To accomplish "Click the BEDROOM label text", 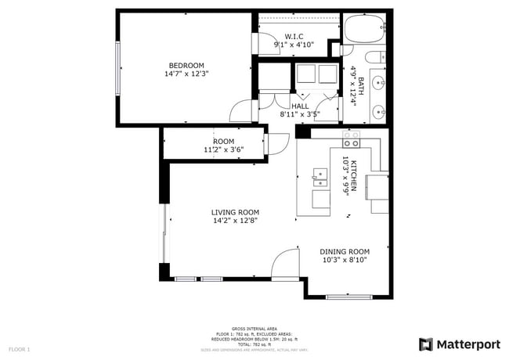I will click(x=186, y=65).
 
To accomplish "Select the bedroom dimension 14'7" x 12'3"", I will click(x=186, y=74).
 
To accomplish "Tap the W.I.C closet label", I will click(x=294, y=36).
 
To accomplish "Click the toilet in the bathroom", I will click(x=377, y=56).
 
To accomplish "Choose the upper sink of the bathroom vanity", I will click(x=377, y=81).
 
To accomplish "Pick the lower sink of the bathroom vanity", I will click(x=377, y=110).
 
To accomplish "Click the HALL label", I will click(x=299, y=106).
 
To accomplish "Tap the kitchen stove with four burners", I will click(x=351, y=139).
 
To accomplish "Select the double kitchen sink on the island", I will click(x=319, y=177).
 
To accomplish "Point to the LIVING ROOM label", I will click(x=235, y=212).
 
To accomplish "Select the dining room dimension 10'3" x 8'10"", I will click(x=344, y=260).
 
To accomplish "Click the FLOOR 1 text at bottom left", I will click(x=20, y=349).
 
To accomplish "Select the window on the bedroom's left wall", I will click(x=117, y=70).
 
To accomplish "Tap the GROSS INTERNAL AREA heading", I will click(x=254, y=329).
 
